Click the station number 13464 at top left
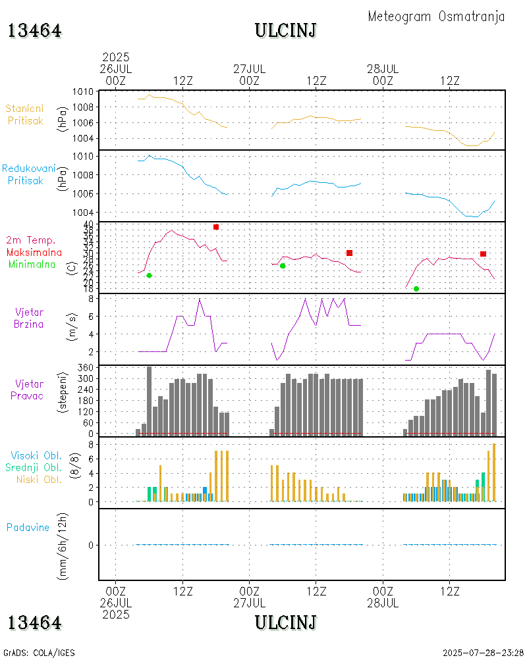tap(35, 31)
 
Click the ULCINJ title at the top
tap(286, 31)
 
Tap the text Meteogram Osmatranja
tap(436, 16)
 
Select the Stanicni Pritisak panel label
tap(25, 114)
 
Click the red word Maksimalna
tap(34, 252)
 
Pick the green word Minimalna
tap(32, 264)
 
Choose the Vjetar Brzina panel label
tap(30, 317)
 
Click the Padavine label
tap(28, 527)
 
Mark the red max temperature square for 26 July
tap(216, 227)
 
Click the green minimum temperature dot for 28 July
tap(416, 289)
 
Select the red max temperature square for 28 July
tap(483, 254)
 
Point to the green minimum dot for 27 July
tap(283, 266)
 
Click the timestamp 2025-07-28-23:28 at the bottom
tap(483, 653)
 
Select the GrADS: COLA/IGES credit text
tap(40, 653)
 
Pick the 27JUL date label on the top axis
tap(249, 68)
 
